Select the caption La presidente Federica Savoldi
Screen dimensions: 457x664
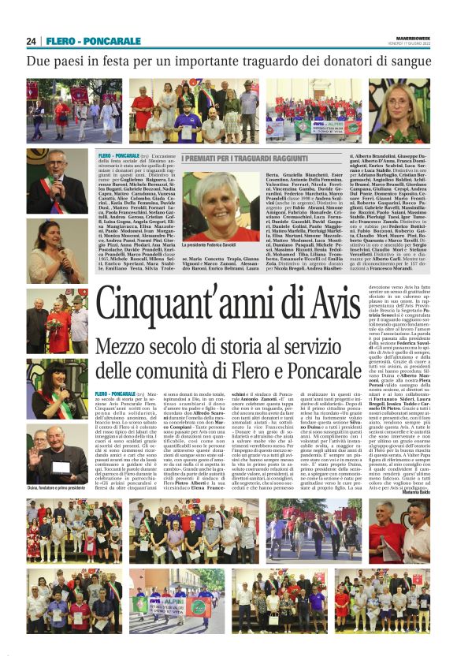(214, 246)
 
